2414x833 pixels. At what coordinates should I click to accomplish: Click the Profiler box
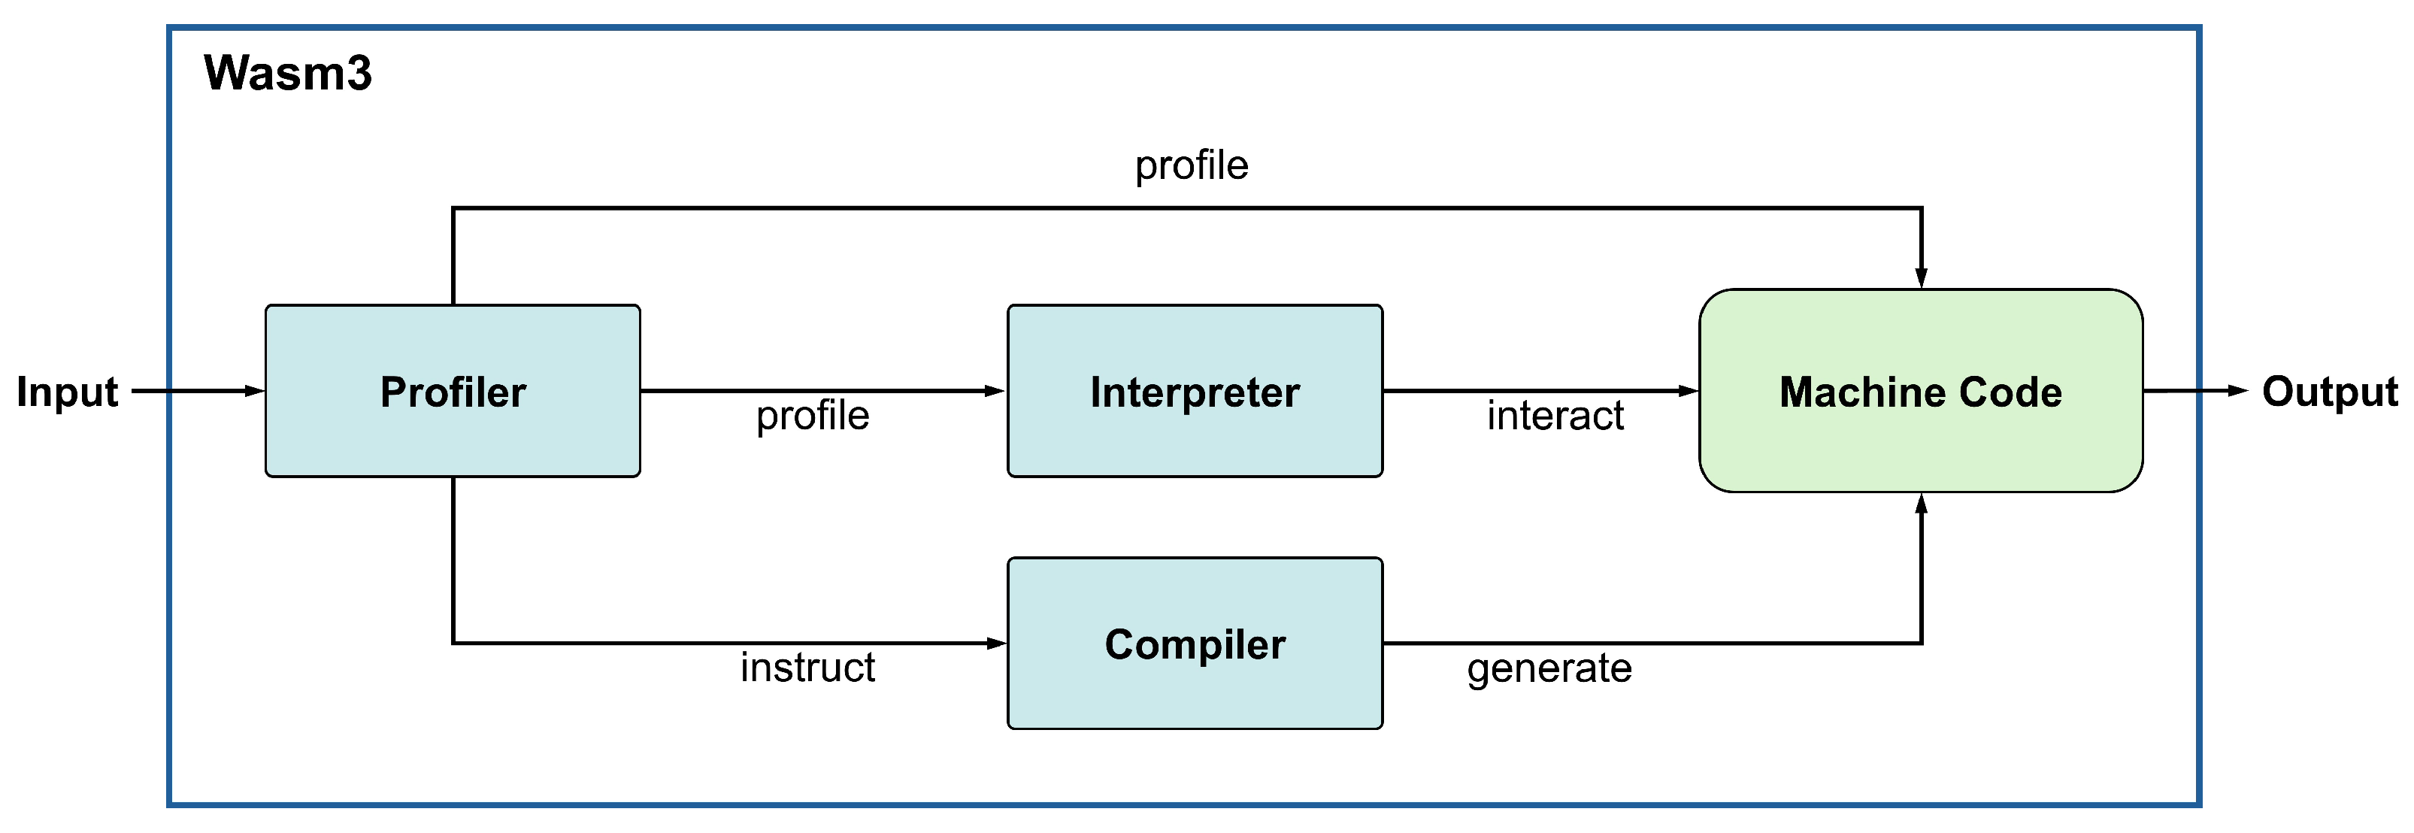pyautogui.click(x=453, y=391)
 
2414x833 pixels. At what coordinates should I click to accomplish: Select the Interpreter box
pyautogui.click(x=1195, y=391)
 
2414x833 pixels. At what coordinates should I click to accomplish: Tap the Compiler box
pyautogui.click(x=1195, y=644)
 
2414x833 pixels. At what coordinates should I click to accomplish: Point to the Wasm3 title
pyautogui.click(x=288, y=73)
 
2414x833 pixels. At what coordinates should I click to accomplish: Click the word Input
pyautogui.click(x=68, y=392)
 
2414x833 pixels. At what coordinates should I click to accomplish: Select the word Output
pyautogui.click(x=2330, y=392)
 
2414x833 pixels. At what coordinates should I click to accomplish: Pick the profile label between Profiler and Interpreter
pyautogui.click(x=813, y=416)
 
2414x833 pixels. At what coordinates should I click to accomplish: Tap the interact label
pyautogui.click(x=1555, y=416)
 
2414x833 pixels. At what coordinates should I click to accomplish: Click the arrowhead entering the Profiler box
pyautogui.click(x=254, y=391)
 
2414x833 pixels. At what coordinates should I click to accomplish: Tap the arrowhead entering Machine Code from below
pyautogui.click(x=1921, y=505)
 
